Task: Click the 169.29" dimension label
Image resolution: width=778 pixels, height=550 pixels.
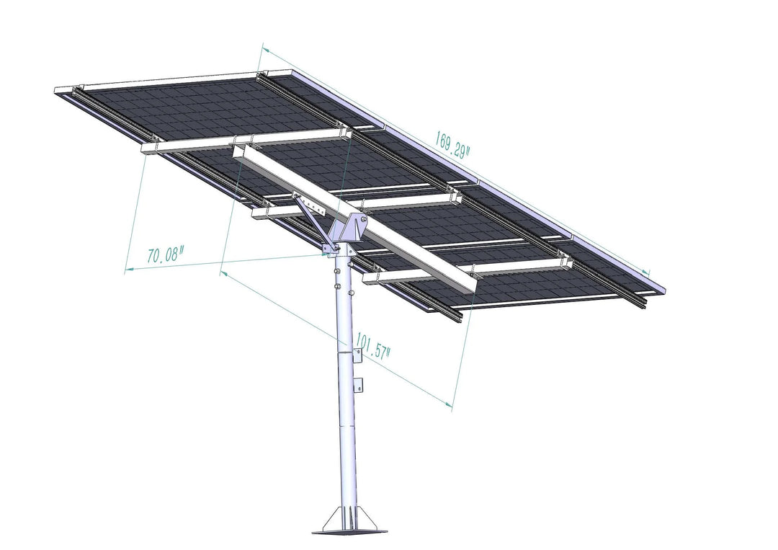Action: pos(452,141)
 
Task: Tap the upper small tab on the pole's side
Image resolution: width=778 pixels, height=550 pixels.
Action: pos(358,353)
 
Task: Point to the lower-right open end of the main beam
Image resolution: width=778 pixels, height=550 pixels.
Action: pos(469,283)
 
